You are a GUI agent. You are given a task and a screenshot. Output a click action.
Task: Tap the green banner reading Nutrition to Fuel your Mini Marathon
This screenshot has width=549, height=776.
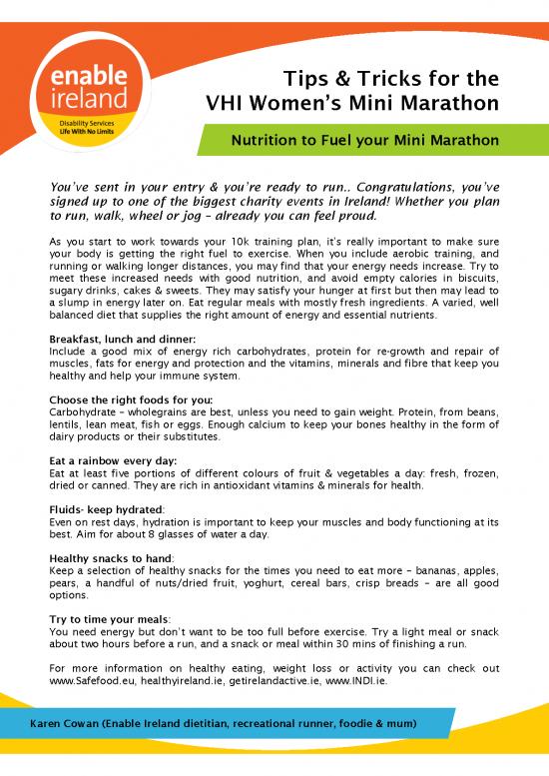[x=364, y=141]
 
